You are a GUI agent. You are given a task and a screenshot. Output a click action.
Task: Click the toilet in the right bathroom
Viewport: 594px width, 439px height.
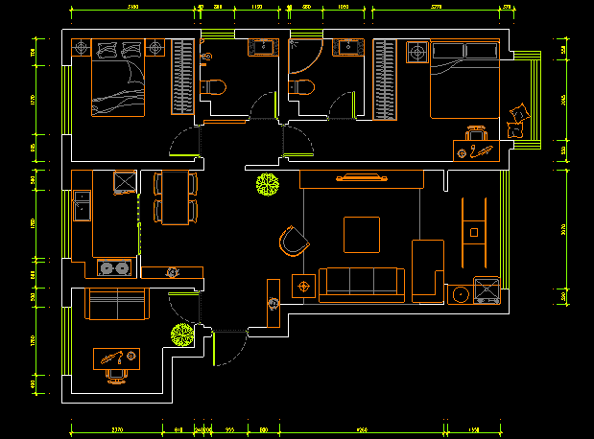click(x=302, y=88)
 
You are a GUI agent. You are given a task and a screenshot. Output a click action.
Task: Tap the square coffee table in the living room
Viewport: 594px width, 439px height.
click(x=362, y=235)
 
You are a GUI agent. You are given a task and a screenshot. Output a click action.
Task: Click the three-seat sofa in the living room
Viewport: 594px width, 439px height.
click(x=361, y=282)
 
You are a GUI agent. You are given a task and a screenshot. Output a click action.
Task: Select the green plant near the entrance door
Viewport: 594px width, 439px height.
click(x=181, y=335)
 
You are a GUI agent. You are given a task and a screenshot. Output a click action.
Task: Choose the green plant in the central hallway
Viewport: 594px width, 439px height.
click(x=267, y=183)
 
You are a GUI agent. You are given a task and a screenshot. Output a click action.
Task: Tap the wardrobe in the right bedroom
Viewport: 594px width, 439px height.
click(x=386, y=81)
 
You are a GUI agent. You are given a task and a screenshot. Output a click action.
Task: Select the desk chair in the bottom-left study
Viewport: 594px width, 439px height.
click(x=115, y=374)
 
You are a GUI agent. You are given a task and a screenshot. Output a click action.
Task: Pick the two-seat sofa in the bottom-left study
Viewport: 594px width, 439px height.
click(x=117, y=305)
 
